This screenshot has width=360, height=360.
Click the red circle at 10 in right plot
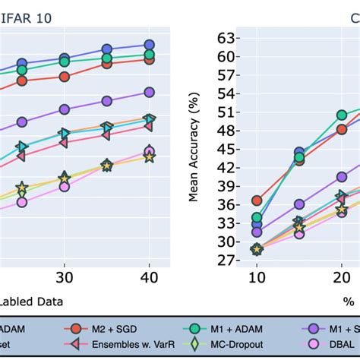[x=257, y=201]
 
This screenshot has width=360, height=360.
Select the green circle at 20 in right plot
[x=342, y=115]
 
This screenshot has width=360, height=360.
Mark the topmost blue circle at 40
[x=149, y=45]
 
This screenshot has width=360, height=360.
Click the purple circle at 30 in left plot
[x=65, y=109]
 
